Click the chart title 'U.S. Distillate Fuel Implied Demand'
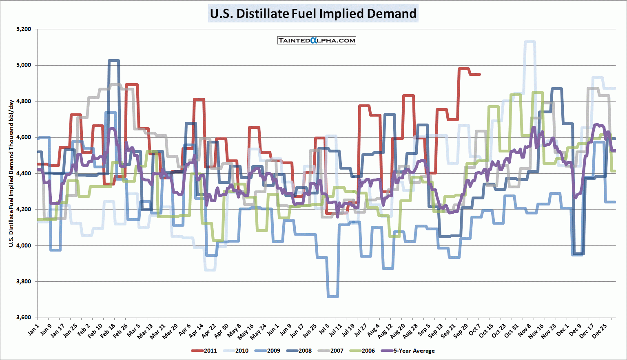(313, 13)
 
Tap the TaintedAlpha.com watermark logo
(317, 40)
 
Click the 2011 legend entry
(204, 351)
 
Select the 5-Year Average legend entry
(408, 351)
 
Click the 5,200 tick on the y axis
(24, 29)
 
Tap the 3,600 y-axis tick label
(24, 318)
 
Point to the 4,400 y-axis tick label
(24, 173)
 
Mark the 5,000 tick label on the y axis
(24, 65)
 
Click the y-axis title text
(11, 173)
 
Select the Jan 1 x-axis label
(34, 329)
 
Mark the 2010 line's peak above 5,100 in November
(530, 42)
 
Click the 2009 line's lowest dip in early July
(333, 296)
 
